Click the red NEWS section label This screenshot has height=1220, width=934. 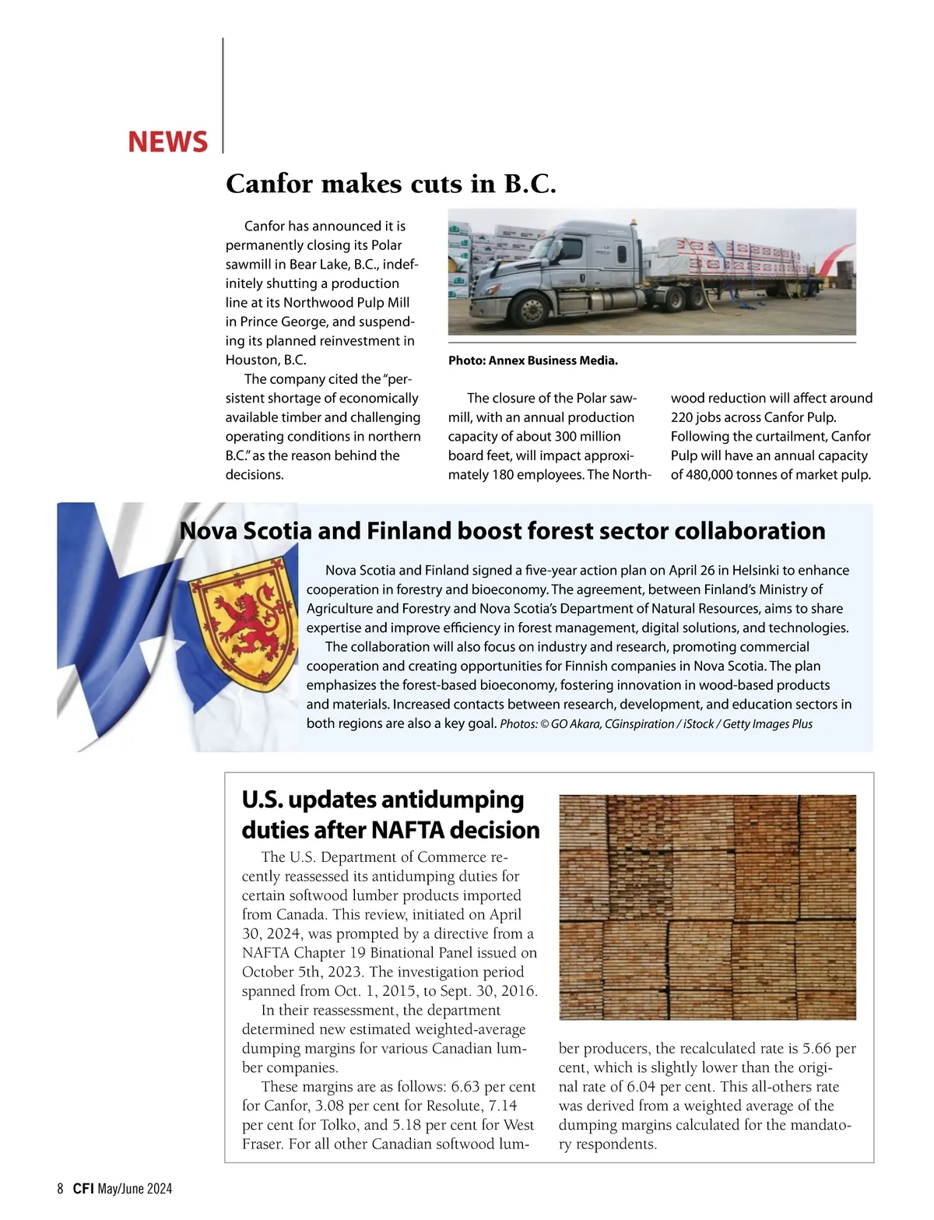coord(167,142)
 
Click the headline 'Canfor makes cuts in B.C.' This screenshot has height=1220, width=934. coord(391,184)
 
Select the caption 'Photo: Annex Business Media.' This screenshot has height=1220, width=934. coord(533,360)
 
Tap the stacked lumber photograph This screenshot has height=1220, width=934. coord(707,907)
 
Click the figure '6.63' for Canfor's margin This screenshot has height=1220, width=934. coord(465,1087)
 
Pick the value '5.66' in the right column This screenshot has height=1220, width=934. coord(816,1049)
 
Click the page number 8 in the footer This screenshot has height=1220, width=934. coord(61,1189)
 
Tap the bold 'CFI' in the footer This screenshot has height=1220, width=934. coord(83,1189)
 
